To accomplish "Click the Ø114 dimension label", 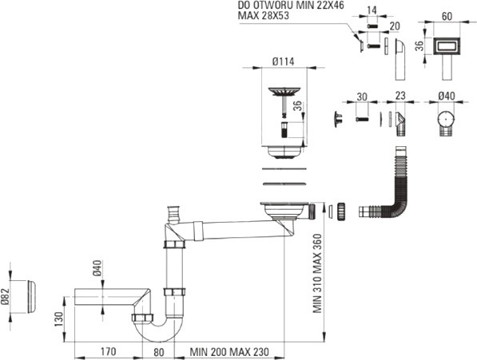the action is click(283, 61).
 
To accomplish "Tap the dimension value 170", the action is click(108, 351).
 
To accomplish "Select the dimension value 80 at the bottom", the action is click(158, 352).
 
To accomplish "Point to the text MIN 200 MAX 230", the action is click(229, 352).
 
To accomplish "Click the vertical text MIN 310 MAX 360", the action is click(317, 273).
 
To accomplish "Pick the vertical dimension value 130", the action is click(58, 319).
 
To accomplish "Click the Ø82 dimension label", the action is click(6, 296).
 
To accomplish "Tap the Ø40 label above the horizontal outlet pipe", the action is click(98, 268).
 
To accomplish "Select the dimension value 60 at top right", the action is click(447, 17).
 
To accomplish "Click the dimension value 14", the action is click(372, 10).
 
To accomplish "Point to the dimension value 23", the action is click(400, 96).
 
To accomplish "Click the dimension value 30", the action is click(362, 97).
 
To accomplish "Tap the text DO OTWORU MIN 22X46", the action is click(291, 5).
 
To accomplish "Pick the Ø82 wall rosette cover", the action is click(31, 296).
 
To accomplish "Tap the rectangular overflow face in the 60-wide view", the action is click(447, 46).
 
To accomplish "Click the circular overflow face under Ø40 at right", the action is click(446, 119).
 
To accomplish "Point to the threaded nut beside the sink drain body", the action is click(340, 211).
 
